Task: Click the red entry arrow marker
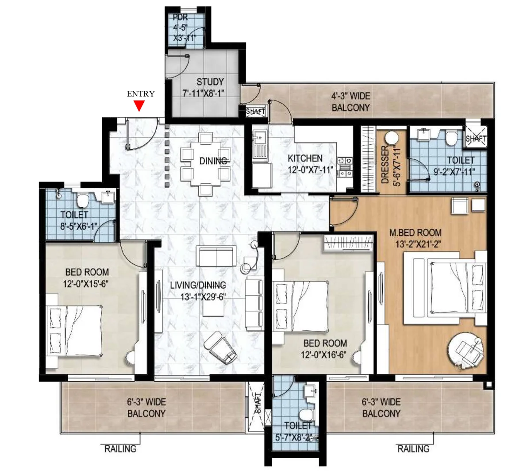[x=139, y=105]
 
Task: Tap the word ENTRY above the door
[x=141, y=94]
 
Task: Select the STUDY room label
[x=210, y=82]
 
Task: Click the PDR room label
[x=181, y=18]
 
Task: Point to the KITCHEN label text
[x=305, y=158]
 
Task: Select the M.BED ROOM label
[x=415, y=232]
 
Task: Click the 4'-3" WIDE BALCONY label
[x=351, y=102]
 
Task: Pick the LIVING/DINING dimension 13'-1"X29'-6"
[x=203, y=297]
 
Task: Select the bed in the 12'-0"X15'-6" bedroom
[x=75, y=330]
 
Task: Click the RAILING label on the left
[x=120, y=449]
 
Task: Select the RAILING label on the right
[x=413, y=449]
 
